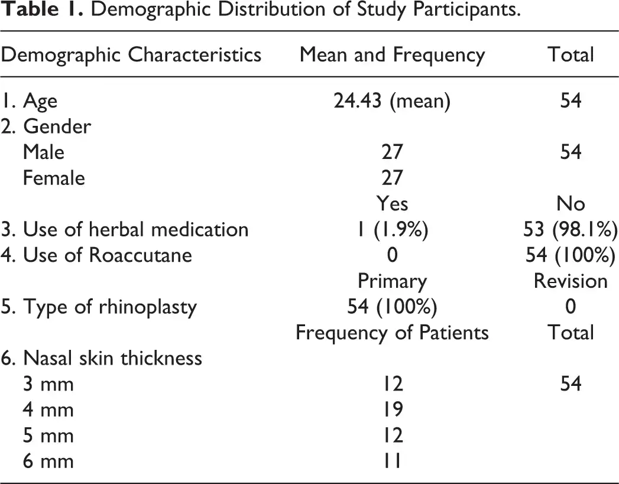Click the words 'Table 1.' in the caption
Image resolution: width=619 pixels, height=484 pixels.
point(41,9)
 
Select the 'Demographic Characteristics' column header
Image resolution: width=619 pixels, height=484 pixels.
point(131,55)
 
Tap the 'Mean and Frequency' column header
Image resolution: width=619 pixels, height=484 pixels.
point(392,55)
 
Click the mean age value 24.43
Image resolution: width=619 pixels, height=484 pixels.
point(358,100)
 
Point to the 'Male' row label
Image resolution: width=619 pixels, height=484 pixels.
point(43,152)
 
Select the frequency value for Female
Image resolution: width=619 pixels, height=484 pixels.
point(392,178)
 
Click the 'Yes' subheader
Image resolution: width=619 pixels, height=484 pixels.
point(392,203)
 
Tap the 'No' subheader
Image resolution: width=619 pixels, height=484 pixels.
point(571,203)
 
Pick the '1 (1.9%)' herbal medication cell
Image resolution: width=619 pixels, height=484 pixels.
point(392,229)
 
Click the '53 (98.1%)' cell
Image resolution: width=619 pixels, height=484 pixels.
point(571,229)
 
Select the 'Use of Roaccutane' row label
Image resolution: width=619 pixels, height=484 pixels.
point(96,255)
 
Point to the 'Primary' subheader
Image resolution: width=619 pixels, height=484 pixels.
point(392,282)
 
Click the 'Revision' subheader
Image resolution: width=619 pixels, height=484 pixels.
point(571,281)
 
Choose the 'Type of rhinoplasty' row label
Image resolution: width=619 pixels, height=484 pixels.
point(99,307)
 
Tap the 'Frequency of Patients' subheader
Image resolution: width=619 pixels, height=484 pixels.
point(392,333)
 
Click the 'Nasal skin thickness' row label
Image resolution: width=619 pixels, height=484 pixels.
point(102,358)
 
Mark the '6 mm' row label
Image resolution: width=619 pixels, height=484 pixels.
point(48,461)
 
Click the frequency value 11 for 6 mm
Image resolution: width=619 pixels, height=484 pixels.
point(392,461)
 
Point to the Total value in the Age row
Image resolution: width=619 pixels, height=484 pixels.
point(571,100)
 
